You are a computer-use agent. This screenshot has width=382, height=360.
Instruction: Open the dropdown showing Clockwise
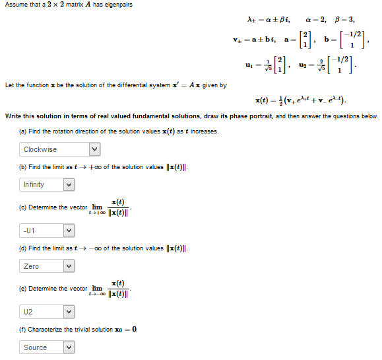click(x=60, y=150)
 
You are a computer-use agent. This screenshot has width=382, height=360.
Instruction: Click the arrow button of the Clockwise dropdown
click(x=95, y=150)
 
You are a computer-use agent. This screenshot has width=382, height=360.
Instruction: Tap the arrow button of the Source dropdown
click(x=67, y=347)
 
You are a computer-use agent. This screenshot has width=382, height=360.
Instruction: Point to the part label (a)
click(x=24, y=131)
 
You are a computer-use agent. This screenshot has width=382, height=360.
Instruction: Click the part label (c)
click(x=24, y=207)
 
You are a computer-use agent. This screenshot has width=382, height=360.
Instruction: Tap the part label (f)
click(x=23, y=329)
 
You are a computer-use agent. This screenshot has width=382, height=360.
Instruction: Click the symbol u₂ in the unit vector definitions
click(x=302, y=67)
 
